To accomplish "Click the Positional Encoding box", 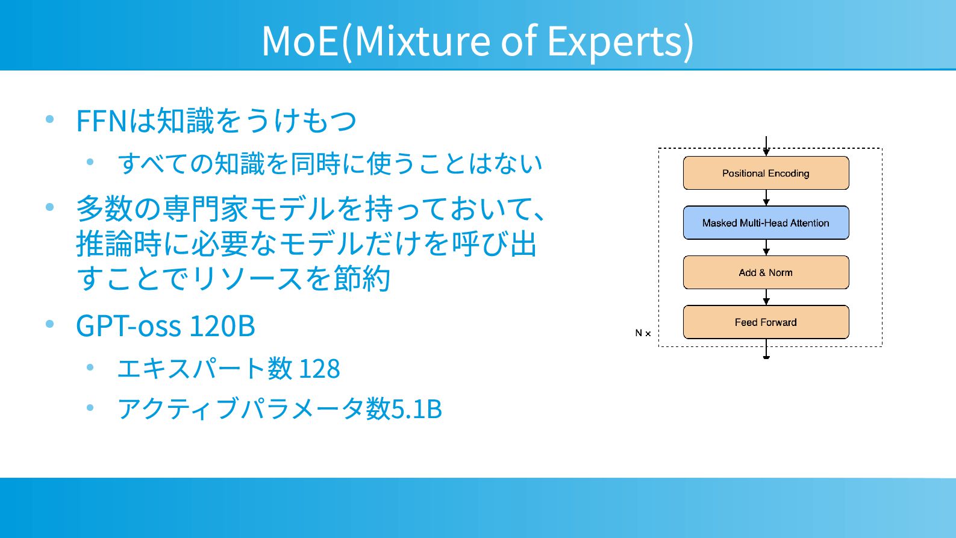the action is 766,173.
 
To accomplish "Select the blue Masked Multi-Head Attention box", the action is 766,223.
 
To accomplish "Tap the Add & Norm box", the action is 766,272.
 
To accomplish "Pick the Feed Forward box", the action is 766,322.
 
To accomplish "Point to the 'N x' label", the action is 643,333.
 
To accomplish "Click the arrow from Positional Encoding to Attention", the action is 766,198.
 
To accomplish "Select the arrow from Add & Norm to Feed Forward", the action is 766,297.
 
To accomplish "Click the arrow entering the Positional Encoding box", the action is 766,146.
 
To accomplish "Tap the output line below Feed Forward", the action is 766,349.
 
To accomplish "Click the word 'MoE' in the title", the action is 300,41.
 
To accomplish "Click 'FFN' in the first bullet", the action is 102,121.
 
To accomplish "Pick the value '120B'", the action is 222,326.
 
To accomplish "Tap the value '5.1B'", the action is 416,408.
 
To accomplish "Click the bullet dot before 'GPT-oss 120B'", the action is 50,324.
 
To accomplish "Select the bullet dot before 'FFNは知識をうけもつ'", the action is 50,119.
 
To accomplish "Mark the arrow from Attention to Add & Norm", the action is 766,248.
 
